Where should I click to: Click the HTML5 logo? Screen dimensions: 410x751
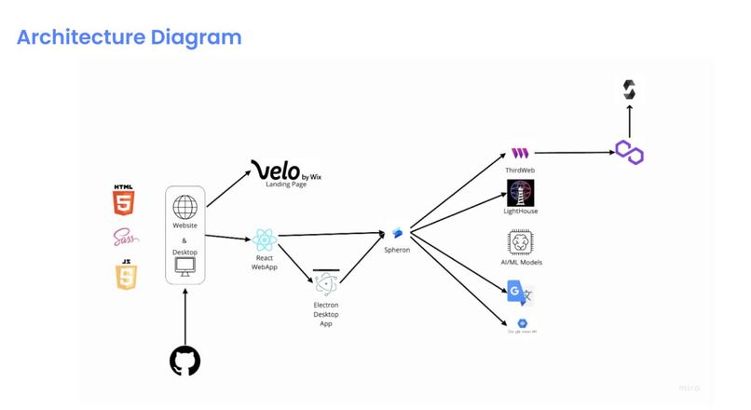click(x=123, y=199)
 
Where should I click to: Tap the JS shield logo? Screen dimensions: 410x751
click(x=125, y=275)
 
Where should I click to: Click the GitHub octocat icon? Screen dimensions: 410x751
click(x=185, y=361)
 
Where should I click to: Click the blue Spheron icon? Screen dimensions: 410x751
click(x=397, y=232)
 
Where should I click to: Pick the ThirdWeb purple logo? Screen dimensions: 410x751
click(x=520, y=153)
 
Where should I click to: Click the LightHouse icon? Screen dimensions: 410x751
click(x=520, y=193)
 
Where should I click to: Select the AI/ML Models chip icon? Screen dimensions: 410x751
click(x=520, y=242)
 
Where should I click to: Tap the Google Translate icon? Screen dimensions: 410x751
click(x=520, y=293)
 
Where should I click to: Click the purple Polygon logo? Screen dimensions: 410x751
click(x=630, y=152)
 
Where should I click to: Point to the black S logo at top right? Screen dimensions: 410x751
click(x=630, y=90)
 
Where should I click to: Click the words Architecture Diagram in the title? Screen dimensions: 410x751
click(x=130, y=37)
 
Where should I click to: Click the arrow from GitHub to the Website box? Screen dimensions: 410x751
click(x=185, y=317)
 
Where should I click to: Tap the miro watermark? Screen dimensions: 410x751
click(x=690, y=387)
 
